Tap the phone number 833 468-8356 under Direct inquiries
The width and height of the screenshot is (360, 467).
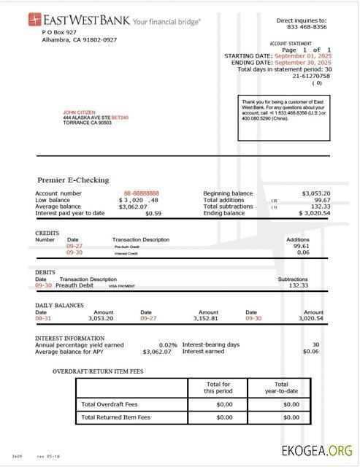click(302, 26)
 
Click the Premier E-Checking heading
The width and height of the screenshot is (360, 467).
click(73, 180)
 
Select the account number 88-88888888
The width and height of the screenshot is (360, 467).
click(141, 193)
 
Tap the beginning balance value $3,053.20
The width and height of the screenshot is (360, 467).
click(315, 193)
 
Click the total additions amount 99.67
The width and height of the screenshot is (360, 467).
click(321, 200)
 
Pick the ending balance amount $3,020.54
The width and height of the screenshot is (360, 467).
click(315, 213)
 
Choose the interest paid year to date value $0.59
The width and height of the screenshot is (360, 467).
click(153, 213)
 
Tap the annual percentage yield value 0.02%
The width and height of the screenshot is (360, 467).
click(168, 344)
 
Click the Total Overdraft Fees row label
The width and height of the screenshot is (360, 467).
click(110, 404)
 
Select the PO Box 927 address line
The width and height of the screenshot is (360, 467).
click(59, 33)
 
